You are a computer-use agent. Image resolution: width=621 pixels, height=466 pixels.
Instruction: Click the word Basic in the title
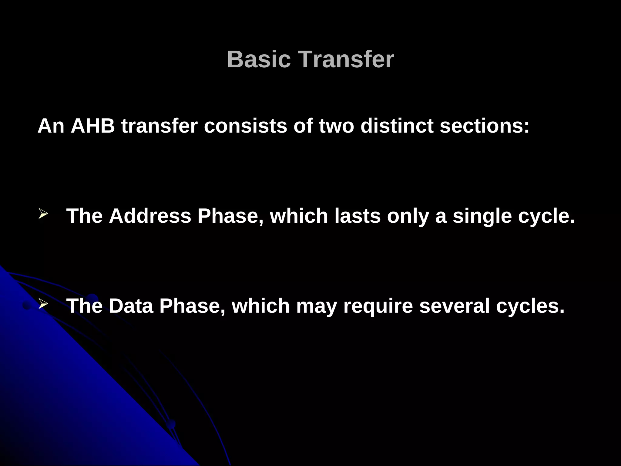pyautogui.click(x=259, y=59)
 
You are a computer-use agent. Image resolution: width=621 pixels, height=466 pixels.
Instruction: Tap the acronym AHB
pyautogui.click(x=92, y=126)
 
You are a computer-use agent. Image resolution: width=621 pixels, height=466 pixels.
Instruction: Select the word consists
pyautogui.click(x=245, y=126)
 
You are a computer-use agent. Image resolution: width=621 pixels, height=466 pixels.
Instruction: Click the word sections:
pyautogui.click(x=485, y=126)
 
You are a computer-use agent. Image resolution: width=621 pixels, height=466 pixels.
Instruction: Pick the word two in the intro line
pyautogui.click(x=337, y=126)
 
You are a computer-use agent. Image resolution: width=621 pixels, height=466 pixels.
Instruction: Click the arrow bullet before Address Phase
pyautogui.click(x=43, y=214)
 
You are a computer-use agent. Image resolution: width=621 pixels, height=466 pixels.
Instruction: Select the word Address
pyautogui.click(x=150, y=216)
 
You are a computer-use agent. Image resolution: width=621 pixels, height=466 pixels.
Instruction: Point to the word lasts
pyautogui.click(x=357, y=216)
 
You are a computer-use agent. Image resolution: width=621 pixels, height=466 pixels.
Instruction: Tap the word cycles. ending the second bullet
pyautogui.click(x=530, y=306)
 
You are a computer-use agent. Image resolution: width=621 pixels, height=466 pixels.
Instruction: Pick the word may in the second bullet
pyautogui.click(x=316, y=306)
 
